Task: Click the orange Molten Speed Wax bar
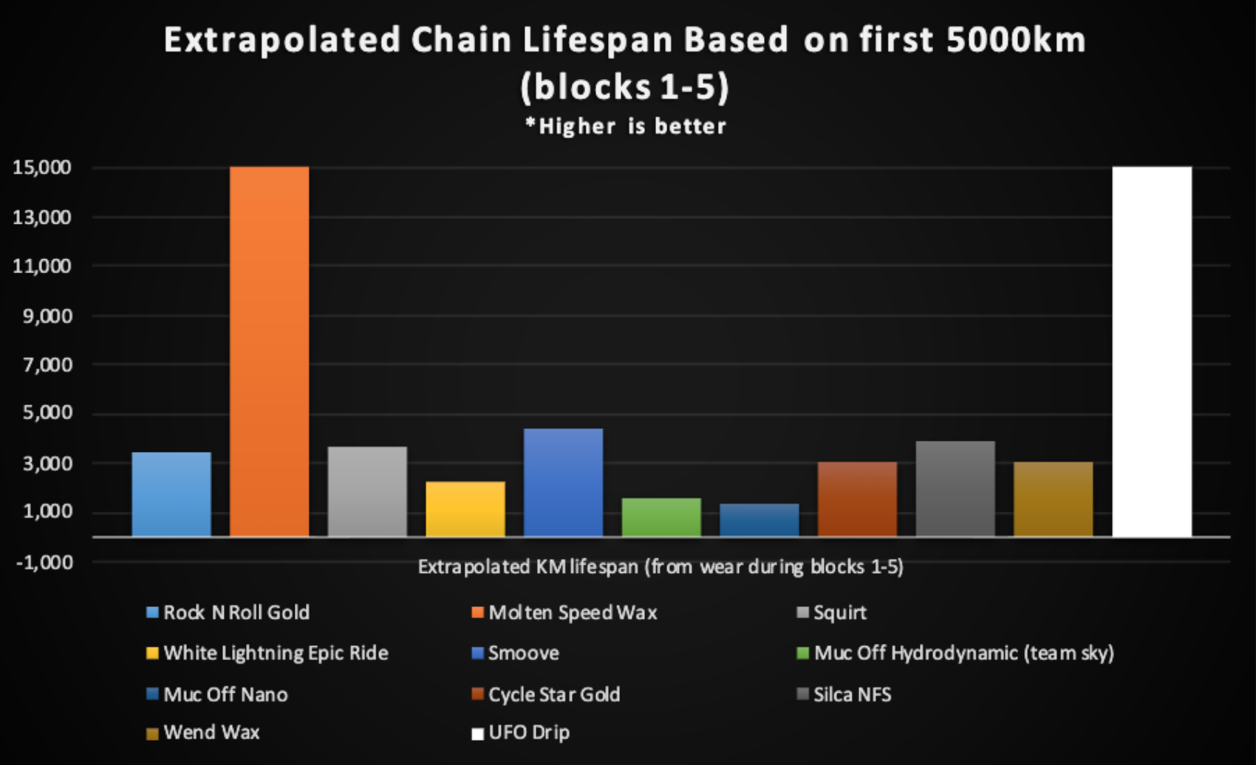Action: pyautogui.click(x=270, y=351)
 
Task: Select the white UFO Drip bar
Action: pyautogui.click(x=1151, y=351)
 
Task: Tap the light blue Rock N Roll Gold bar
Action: pyautogui.click(x=171, y=494)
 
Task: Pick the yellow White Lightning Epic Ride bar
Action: pyautogui.click(x=465, y=509)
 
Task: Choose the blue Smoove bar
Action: pyautogui.click(x=563, y=482)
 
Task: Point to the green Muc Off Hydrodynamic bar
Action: pyautogui.click(x=661, y=517)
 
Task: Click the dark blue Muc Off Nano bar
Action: pyautogui.click(x=759, y=520)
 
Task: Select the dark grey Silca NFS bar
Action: pyautogui.click(x=955, y=488)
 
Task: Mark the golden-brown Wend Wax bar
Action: pyautogui.click(x=1053, y=498)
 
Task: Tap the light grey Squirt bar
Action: pyautogui.click(x=367, y=491)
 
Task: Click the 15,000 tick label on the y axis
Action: pyautogui.click(x=42, y=168)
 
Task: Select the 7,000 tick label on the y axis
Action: pyautogui.click(x=47, y=365)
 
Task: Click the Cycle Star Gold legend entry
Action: pyautogui.click(x=553, y=695)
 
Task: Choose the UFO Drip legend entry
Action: pyautogui.click(x=528, y=733)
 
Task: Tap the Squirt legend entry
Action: pyautogui.click(x=839, y=613)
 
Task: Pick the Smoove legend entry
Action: pyautogui.click(x=523, y=653)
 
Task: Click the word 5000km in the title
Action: pyautogui.click(x=1015, y=41)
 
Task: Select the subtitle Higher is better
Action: pyautogui.click(x=626, y=126)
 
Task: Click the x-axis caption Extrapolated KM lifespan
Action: pyautogui.click(x=660, y=567)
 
